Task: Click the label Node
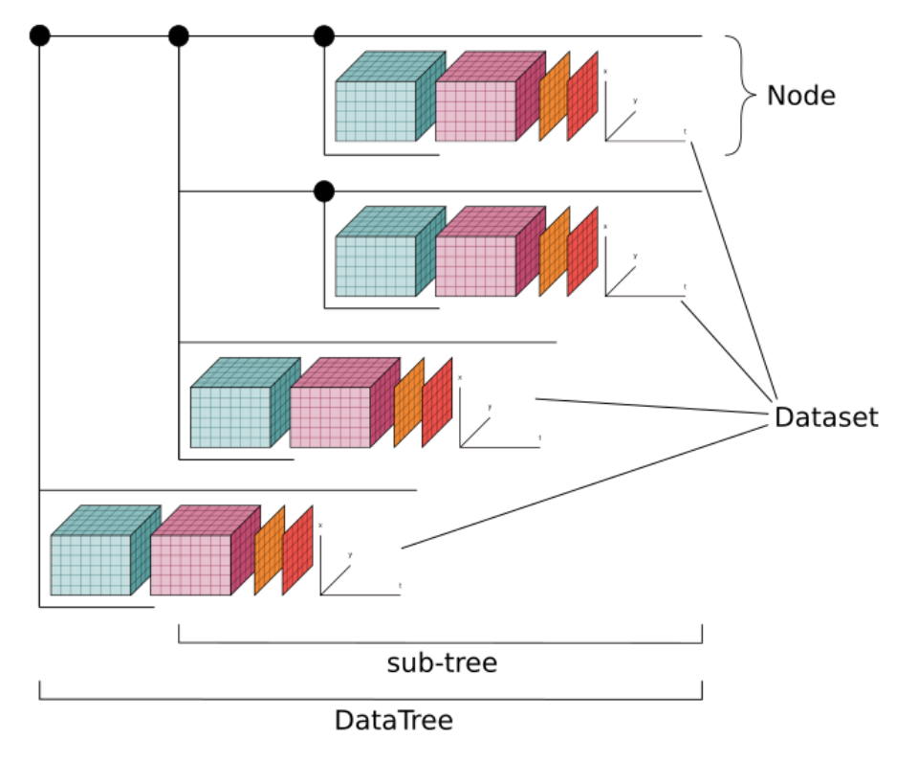coord(800,96)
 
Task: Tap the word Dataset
coord(825,417)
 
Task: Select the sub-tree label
coord(442,662)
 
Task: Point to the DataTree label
coord(393,720)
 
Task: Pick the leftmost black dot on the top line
coord(39,36)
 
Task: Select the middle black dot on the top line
coord(179,36)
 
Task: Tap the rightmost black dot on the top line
coord(324,36)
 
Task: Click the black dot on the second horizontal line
coord(324,191)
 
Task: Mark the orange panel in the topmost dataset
coord(554,97)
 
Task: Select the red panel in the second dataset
coord(582,252)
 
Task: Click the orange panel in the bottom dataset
coord(270,550)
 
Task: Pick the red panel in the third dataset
coord(437,402)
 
